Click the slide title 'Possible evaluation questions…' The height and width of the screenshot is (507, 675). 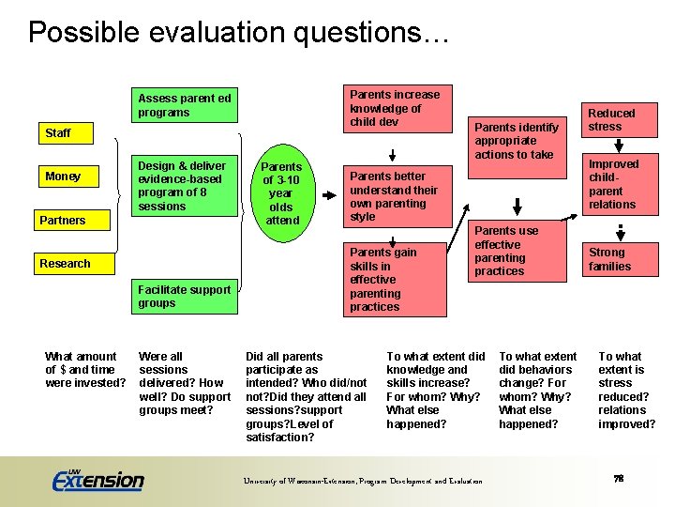tap(239, 33)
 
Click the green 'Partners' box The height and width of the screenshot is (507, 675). tap(73, 221)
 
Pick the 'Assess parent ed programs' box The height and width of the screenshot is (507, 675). tap(185, 105)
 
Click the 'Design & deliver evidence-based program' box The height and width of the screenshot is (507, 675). tap(185, 186)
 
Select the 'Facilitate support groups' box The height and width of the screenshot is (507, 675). tap(185, 296)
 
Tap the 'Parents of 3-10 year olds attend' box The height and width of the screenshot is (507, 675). tap(282, 193)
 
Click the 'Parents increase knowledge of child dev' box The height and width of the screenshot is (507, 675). tap(395, 108)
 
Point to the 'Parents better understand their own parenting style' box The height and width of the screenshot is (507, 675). tap(395, 196)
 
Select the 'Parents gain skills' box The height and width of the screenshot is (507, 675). tap(395, 279)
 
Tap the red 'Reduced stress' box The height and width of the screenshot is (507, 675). tap(611, 120)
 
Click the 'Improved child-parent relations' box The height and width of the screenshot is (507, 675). tap(611, 184)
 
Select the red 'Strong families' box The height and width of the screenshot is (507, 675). tap(611, 259)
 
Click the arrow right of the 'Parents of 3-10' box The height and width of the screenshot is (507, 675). tap(329, 195)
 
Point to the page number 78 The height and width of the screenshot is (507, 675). tap(618, 479)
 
